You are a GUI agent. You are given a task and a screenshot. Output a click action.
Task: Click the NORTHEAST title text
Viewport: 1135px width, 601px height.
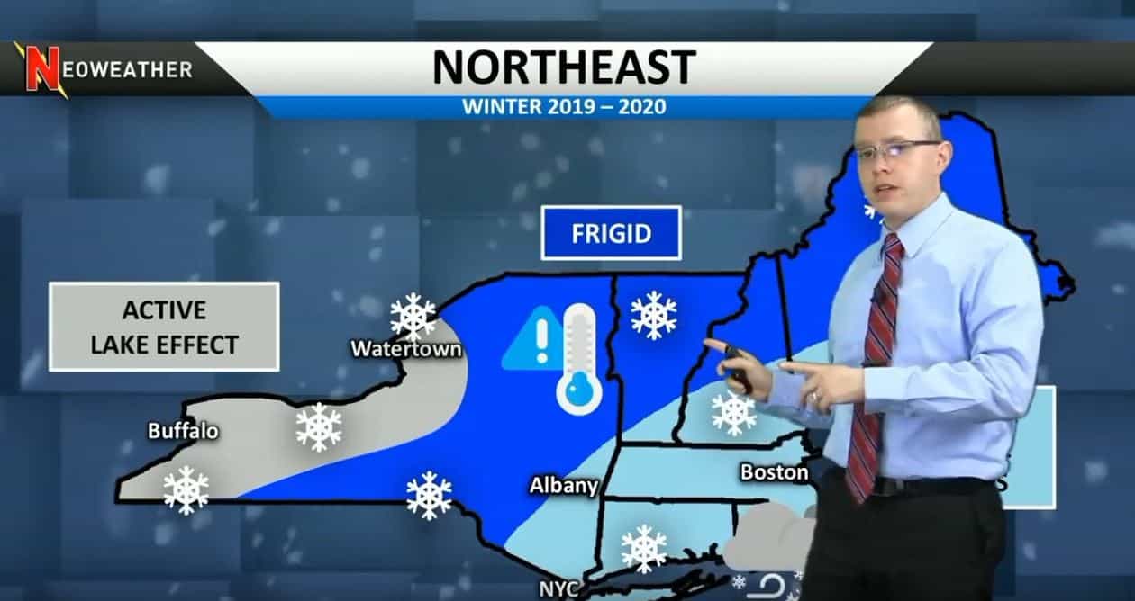tap(564, 67)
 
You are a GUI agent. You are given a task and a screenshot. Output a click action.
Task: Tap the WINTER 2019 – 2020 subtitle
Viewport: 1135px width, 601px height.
tap(564, 107)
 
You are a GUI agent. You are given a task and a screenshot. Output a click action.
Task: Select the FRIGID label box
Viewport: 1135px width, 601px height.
tap(611, 234)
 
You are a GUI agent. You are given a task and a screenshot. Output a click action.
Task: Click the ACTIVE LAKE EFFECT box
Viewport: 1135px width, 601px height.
tap(164, 327)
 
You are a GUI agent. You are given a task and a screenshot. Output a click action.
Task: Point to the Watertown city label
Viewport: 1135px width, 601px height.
tap(405, 348)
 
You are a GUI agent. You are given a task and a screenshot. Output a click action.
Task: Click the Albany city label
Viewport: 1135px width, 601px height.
tap(563, 487)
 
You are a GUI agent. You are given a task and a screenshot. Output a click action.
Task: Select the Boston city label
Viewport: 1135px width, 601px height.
tap(774, 472)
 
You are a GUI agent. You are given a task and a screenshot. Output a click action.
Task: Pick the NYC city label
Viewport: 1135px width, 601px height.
tap(558, 589)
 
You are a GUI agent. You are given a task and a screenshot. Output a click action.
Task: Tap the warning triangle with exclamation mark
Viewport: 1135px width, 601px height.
tap(531, 340)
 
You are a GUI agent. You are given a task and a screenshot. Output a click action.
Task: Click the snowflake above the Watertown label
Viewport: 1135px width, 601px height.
tap(413, 316)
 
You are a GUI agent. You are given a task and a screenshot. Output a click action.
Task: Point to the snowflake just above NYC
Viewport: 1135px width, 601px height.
tap(644, 548)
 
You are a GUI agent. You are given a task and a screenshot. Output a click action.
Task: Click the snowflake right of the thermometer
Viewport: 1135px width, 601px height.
tap(654, 315)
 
